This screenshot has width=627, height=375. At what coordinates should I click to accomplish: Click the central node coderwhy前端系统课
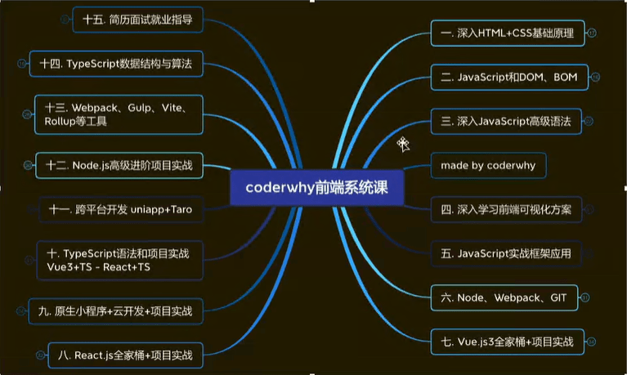tap(317, 188)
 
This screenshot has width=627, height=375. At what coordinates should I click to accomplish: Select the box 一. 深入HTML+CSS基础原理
tap(508, 33)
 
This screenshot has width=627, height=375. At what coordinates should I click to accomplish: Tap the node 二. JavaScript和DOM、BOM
tap(509, 77)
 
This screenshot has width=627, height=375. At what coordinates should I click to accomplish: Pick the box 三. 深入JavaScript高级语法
tap(506, 121)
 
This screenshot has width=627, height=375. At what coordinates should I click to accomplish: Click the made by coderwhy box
tap(488, 166)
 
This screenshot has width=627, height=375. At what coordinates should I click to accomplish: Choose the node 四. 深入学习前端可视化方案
tap(506, 209)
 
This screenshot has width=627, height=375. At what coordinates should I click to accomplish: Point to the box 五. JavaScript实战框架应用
tap(506, 253)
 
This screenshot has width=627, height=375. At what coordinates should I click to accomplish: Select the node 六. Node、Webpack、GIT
tap(504, 298)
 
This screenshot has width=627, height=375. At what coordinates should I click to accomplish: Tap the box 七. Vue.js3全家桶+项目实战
tap(508, 342)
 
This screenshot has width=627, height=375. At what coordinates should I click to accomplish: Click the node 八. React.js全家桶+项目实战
tap(126, 355)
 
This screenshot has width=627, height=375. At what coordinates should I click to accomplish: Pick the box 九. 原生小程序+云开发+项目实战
tap(115, 311)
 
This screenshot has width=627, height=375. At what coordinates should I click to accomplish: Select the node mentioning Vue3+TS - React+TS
tap(119, 261)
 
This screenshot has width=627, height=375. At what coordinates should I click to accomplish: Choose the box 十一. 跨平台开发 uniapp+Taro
tap(121, 209)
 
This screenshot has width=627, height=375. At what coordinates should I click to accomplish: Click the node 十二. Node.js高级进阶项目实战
tap(119, 166)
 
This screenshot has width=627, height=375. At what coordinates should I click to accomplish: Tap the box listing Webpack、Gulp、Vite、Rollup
tap(119, 114)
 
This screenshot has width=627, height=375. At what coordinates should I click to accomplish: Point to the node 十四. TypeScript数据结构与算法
tap(116, 64)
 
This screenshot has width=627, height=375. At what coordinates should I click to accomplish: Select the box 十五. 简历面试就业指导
tap(137, 20)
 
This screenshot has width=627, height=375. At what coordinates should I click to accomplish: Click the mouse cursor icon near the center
tap(404, 145)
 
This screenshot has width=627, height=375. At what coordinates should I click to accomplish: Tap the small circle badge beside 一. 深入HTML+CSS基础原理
tap(592, 33)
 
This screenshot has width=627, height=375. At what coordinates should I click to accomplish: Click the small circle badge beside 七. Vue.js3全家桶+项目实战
tap(591, 342)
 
